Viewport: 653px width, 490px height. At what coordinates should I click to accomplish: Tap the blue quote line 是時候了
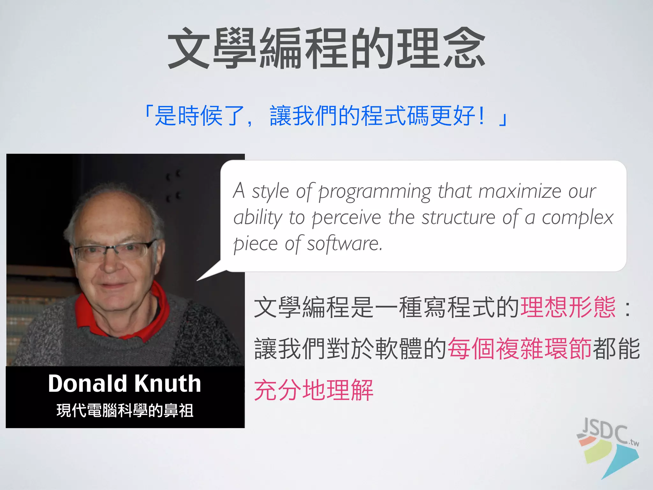point(325,115)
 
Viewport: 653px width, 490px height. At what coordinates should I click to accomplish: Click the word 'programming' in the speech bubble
point(375,192)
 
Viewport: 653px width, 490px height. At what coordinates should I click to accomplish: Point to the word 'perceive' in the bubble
point(346,218)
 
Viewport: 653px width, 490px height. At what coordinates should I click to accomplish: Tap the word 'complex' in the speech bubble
point(577,218)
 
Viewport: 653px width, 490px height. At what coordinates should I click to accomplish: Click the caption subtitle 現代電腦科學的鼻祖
point(125,411)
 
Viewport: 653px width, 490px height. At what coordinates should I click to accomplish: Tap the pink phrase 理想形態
point(568,307)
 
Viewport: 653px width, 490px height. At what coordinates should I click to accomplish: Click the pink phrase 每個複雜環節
point(520,349)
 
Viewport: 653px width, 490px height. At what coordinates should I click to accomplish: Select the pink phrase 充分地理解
point(314,390)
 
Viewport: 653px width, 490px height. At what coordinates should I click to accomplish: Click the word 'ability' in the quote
point(258,218)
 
